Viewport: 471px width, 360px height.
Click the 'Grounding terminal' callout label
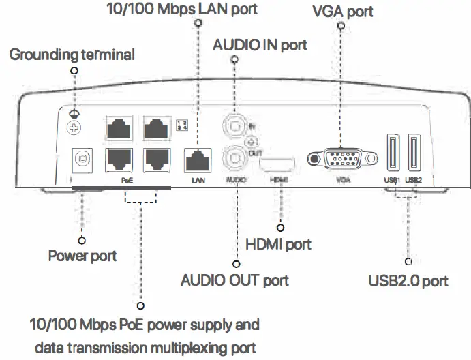click(72, 55)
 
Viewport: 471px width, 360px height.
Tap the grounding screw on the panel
click(71, 127)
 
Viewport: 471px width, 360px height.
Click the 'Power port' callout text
click(82, 256)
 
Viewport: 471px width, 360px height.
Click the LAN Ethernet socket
click(198, 160)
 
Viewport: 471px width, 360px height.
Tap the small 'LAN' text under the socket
click(198, 181)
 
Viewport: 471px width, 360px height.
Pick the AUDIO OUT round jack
click(235, 159)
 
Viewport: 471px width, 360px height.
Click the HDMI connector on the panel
click(279, 164)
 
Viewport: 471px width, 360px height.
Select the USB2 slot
click(413, 153)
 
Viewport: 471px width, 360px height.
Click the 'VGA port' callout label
click(342, 12)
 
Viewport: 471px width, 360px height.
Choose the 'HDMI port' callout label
click(278, 243)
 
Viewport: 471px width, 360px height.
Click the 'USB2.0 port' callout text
click(408, 280)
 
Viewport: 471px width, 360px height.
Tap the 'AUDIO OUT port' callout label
click(234, 280)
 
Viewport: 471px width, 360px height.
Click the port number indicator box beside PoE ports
click(181, 125)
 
